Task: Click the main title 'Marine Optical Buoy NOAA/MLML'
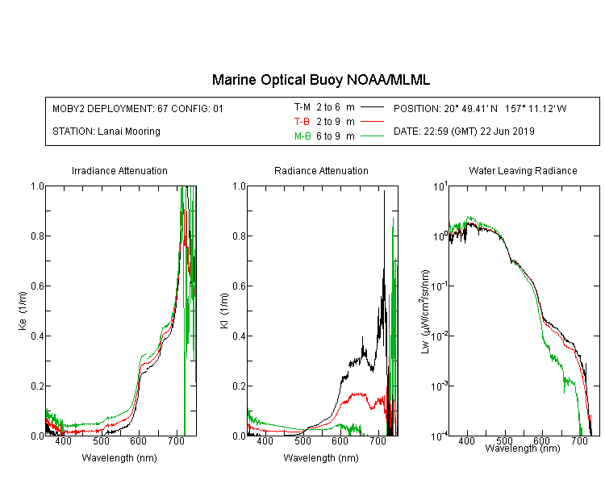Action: (320, 80)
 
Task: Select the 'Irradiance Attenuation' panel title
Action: (119, 170)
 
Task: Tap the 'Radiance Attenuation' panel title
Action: (321, 170)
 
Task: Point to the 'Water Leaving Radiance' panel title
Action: (523, 170)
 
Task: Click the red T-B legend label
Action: (302, 122)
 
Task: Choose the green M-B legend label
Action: (302, 136)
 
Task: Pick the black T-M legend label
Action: (302, 107)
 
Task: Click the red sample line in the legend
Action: (373, 122)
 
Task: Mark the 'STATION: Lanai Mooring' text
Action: (106, 131)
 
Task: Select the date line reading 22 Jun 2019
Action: (464, 131)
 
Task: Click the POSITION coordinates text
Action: (480, 108)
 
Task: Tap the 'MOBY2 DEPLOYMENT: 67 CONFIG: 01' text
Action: (138, 108)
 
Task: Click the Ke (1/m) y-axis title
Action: (23, 311)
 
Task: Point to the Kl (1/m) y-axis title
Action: (224, 311)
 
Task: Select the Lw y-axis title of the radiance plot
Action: (425, 311)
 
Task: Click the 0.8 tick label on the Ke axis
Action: (37, 236)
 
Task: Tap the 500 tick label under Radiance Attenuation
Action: (302, 441)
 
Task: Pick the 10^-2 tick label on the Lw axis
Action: (440, 336)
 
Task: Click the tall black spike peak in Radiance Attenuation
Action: (384, 190)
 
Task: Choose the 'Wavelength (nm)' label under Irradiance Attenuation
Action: (119, 458)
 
